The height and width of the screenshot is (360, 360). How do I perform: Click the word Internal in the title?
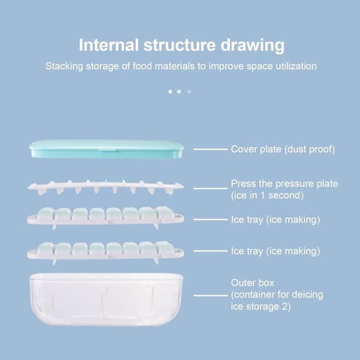coord(109,45)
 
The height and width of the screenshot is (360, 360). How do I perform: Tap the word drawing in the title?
coord(253,46)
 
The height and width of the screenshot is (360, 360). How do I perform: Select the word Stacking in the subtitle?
coord(64,67)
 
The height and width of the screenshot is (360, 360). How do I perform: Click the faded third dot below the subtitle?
coord(190,92)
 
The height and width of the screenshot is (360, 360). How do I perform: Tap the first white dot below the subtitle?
coord(170,92)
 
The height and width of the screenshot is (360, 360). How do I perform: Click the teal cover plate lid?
coord(107,149)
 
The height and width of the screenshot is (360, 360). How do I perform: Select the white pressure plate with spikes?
coord(106,187)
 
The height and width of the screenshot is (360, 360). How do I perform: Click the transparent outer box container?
coord(106,299)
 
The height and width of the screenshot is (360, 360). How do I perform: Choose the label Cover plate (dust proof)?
coord(283,149)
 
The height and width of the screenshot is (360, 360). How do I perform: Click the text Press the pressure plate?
coord(284,184)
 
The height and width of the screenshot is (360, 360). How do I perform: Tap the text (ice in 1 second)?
coord(267,196)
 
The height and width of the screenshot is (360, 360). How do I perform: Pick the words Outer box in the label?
coord(253,283)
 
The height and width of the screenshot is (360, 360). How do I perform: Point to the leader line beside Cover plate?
coord(211,149)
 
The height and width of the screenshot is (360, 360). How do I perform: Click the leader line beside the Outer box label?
coord(211,295)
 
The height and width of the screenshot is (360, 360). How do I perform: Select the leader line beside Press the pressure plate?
coord(211,188)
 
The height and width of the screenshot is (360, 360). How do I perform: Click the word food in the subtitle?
coord(142,66)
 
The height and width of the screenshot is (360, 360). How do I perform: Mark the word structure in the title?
coord(179,45)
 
